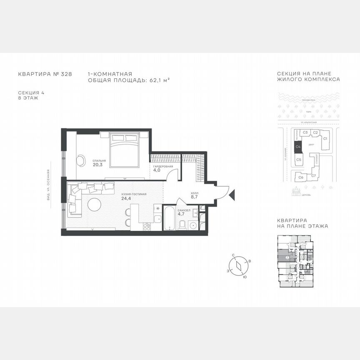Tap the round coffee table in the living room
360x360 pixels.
pyautogui.click(x=95, y=205)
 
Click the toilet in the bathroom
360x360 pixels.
pyautogui.click(x=182, y=225)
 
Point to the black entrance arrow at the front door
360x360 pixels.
pyautogui.click(x=232, y=194)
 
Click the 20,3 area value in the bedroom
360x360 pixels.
pyautogui.click(x=97, y=165)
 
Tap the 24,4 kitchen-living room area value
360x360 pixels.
pyautogui.click(x=126, y=198)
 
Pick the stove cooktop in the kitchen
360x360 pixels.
pyautogui.click(x=147, y=227)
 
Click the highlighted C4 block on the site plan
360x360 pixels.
pyautogui.click(x=298, y=147)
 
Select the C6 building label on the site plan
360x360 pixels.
pyautogui.click(x=301, y=177)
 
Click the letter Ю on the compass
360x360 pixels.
pyautogui.click(x=244, y=277)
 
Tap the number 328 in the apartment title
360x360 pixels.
pyautogui.click(x=66, y=74)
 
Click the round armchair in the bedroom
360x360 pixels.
pyautogui.click(x=80, y=160)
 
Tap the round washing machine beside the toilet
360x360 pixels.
pyautogui.click(x=194, y=225)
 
